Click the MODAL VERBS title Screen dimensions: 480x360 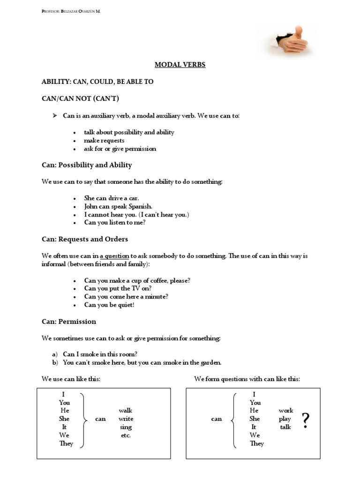pyautogui.click(x=180, y=65)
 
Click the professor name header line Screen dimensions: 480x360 pyautogui.click(x=71, y=11)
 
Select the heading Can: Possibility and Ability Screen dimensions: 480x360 pyautogui.click(x=87, y=165)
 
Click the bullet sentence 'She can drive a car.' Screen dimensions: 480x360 pyautogui.click(x=112, y=198)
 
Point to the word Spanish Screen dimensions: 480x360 pyautogui.click(x=139, y=206)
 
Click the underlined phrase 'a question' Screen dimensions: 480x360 pyautogui.click(x=114, y=256)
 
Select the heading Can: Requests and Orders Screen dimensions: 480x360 pyautogui.click(x=85, y=239)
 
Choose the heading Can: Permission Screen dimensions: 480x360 pyautogui.click(x=69, y=322)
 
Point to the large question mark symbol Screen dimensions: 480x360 pyautogui.click(x=306, y=420)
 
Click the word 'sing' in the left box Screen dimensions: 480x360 pyautogui.click(x=126, y=427)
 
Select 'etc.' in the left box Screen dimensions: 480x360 pyautogui.click(x=126, y=435)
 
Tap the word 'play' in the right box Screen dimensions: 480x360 pyautogui.click(x=285, y=419)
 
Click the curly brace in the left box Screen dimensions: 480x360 pyautogui.click(x=84, y=419)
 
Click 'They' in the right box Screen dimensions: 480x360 pyautogui.click(x=257, y=443)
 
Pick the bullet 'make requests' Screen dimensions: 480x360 pyautogui.click(x=104, y=141)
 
